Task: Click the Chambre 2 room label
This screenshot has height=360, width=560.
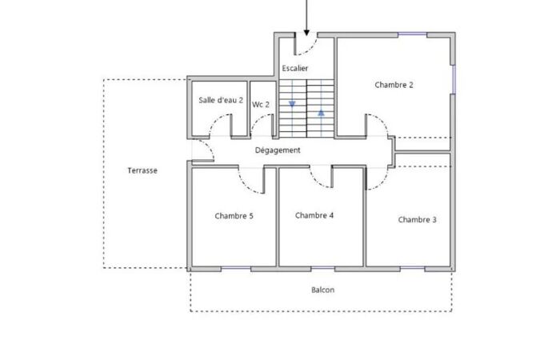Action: coord(394,85)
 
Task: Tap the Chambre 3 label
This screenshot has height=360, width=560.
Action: coord(417,220)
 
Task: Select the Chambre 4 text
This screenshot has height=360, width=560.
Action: coord(314,215)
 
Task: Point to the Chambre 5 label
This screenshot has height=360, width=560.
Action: coord(234,216)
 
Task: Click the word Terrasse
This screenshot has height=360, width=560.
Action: coord(142,170)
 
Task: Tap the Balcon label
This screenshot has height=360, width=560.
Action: coord(323,290)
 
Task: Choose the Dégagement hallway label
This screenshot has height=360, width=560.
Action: coord(278,150)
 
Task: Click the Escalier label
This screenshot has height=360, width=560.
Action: coord(295,68)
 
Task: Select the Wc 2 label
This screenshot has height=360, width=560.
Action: coord(261,104)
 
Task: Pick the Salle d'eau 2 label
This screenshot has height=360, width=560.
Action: coord(221,100)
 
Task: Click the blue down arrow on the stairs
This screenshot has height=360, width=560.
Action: coord(292,104)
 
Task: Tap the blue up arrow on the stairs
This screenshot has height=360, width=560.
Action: coord(321,113)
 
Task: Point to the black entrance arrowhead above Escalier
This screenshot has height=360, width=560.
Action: coord(306,34)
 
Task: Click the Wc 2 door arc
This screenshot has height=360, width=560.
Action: coord(257,120)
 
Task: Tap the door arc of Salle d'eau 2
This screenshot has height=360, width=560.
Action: coord(216,120)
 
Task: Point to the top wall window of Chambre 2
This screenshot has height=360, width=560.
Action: coord(413,34)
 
